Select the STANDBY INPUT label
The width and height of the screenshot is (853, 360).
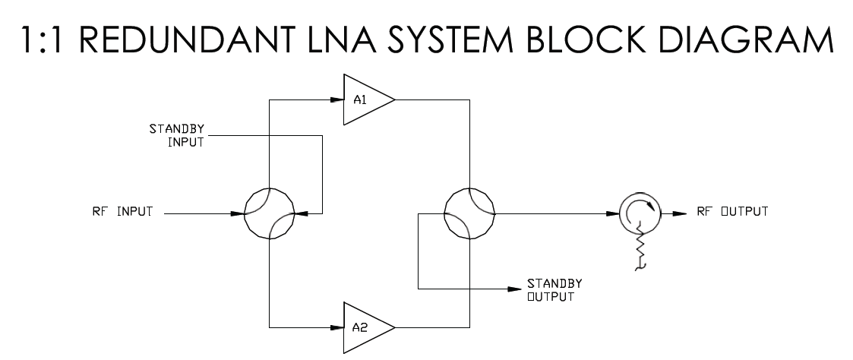tap(177, 136)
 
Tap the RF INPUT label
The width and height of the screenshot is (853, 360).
tap(122, 212)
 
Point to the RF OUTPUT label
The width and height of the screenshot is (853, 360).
tap(732, 212)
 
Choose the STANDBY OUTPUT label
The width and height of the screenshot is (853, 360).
tap(554, 290)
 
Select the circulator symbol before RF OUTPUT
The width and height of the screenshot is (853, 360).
tap(620, 213)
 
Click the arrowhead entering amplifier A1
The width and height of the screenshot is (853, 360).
tap(337, 99)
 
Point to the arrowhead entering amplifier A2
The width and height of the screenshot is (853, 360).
tap(337, 327)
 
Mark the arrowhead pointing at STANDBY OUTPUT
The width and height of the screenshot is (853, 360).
tap(515, 289)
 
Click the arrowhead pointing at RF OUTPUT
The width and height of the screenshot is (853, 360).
tap(680, 213)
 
